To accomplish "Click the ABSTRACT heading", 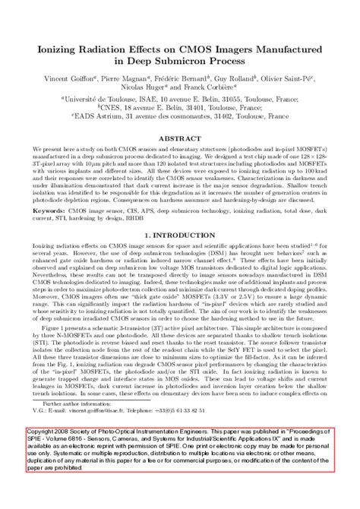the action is (180, 140).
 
